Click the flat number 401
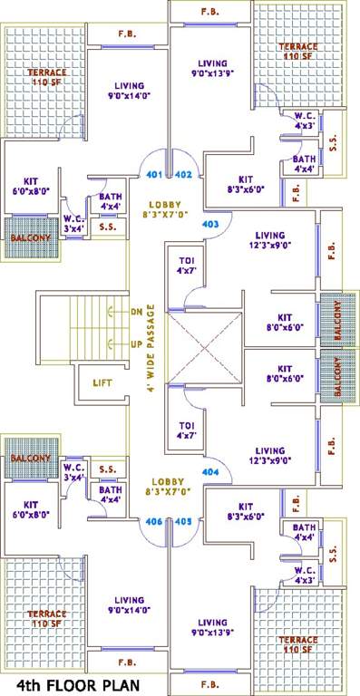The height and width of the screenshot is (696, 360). coord(153,175)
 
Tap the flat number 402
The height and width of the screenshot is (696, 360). coord(182,175)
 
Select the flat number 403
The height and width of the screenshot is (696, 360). coord(210,223)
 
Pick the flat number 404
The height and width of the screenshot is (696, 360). coord(210,472)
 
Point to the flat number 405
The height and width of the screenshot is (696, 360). coord(182,521)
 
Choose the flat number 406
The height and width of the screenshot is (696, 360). coord(153,521)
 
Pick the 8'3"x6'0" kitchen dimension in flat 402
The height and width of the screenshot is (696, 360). coord(245,190)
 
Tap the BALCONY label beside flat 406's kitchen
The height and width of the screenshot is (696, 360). coord(31,459)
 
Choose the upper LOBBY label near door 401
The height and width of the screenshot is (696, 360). coord(166,205)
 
